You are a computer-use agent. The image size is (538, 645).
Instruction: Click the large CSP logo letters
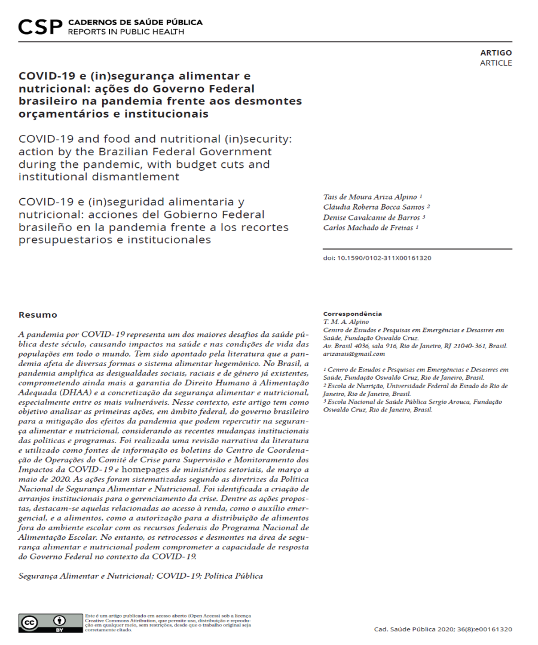[40, 26]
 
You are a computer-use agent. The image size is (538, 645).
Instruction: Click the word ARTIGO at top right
[496, 53]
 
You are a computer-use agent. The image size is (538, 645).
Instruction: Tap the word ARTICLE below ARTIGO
[496, 63]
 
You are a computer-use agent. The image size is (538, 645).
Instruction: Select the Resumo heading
[38, 315]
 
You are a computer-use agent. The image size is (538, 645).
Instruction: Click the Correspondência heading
[352, 314]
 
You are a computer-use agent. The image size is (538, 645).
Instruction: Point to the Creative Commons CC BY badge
[50, 623]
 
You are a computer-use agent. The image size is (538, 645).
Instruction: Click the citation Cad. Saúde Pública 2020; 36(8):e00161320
[442, 629]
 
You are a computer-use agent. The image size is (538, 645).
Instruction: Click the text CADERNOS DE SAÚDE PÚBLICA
[135, 22]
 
